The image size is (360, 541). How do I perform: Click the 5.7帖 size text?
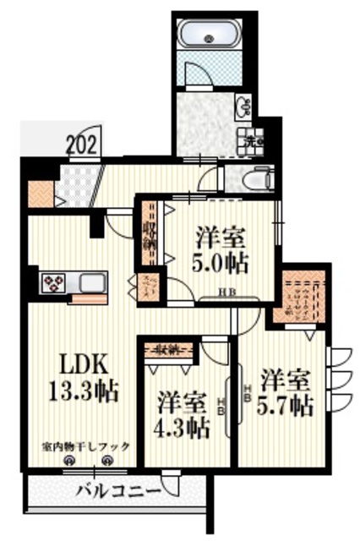click(287, 404)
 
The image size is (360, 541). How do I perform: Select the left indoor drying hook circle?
click(70, 461)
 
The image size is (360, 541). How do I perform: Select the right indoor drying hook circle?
click(107, 461)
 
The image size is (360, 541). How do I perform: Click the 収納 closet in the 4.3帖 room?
click(167, 348)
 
